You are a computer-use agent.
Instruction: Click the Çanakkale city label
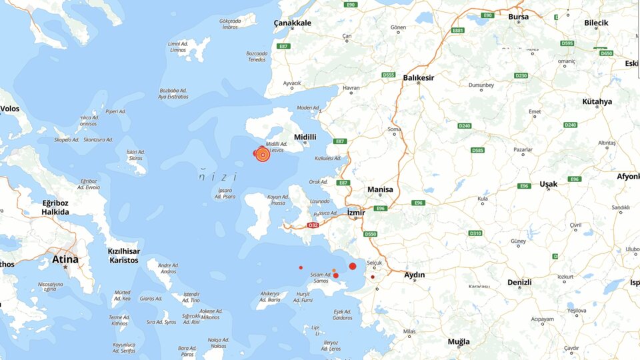click(293, 23)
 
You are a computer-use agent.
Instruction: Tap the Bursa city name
click(518, 17)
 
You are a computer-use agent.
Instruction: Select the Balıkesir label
click(419, 78)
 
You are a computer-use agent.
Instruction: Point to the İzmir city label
click(357, 212)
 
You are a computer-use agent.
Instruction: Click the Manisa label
click(380, 189)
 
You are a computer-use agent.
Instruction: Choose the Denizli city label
click(519, 282)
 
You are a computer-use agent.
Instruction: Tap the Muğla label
click(459, 341)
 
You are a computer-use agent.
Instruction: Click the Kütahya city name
click(597, 101)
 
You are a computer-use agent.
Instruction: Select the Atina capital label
click(65, 259)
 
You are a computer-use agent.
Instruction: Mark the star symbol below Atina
click(65, 267)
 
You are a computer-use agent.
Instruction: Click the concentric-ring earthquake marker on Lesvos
click(263, 155)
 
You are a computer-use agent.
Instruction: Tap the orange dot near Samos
click(334, 270)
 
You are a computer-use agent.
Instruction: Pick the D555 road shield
click(389, 75)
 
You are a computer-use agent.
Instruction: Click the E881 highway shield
click(457, 31)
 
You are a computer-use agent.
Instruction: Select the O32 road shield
click(312, 226)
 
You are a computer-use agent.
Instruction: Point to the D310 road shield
click(475, 233)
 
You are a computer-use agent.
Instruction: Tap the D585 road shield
click(477, 151)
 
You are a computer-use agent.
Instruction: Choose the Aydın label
click(415, 275)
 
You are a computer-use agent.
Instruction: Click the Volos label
click(9, 109)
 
